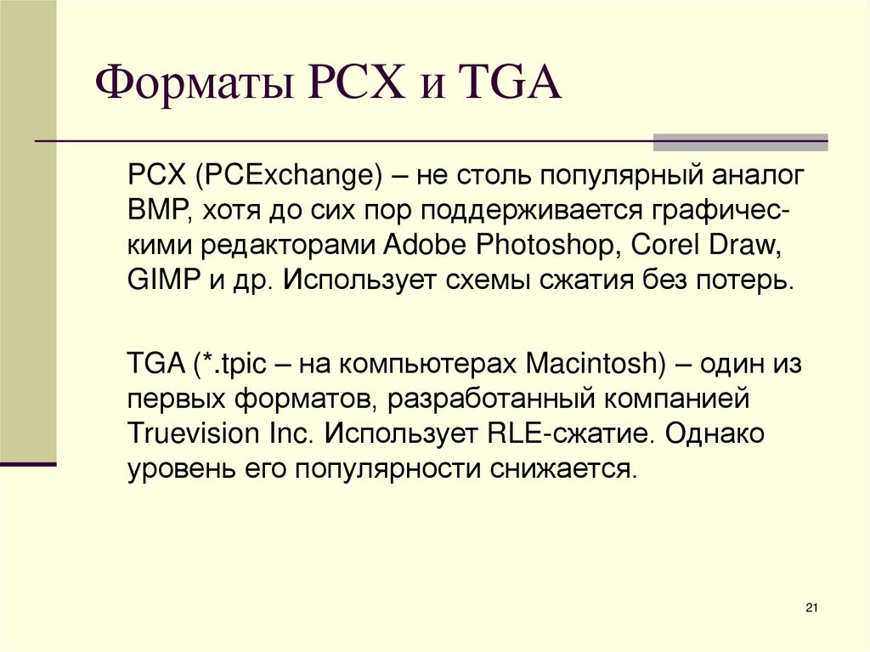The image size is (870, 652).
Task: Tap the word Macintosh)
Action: tap(595, 365)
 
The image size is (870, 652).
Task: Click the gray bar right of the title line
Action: tap(740, 142)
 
